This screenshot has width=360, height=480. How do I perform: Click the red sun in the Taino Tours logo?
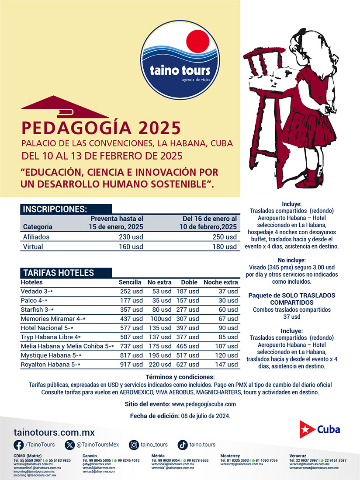point(199,42)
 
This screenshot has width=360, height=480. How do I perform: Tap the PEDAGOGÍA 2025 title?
point(101,128)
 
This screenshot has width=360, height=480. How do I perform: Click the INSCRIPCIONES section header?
point(55,209)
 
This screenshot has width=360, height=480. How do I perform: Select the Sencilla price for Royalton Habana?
point(131,364)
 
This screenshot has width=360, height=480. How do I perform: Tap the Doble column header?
point(189,282)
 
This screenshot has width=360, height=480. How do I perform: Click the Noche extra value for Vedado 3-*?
point(228,291)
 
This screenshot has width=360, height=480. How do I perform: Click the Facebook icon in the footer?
point(19,445)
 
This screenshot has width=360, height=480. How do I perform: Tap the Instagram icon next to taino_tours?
point(134,445)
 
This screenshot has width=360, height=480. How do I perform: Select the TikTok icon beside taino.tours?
point(183,445)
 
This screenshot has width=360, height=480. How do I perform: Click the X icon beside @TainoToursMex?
point(70,445)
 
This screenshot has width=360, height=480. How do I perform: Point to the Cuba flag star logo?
point(308,429)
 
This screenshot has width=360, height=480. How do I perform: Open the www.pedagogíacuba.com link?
point(204,404)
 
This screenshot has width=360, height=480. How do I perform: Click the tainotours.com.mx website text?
point(54,432)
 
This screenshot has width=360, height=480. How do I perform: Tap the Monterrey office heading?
point(230,456)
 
